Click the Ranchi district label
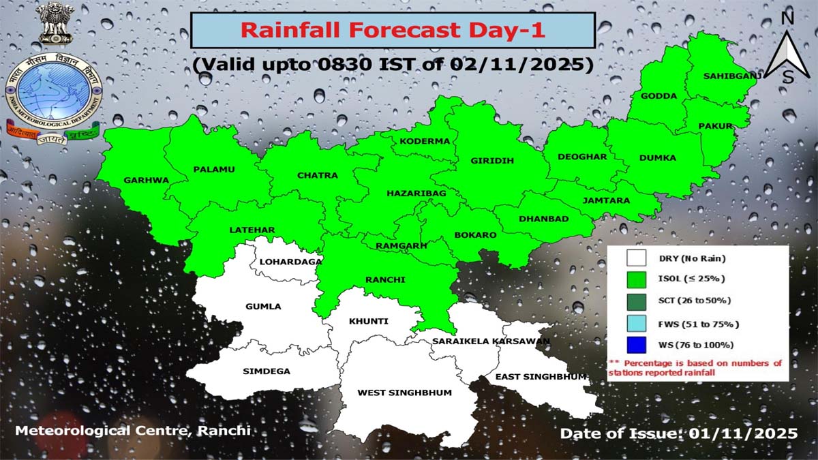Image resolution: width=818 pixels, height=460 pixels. click(x=385, y=280)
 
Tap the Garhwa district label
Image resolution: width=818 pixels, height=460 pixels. click(x=146, y=181)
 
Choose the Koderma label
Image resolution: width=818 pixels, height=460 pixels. click(x=425, y=141)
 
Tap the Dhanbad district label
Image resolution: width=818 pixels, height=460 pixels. click(x=543, y=219)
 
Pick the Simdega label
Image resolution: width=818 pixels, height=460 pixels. click(x=267, y=371)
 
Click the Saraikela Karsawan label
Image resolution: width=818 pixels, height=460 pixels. click(x=491, y=341)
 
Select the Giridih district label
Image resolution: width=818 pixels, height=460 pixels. click(x=492, y=161)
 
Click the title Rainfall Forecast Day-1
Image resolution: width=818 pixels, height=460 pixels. click(x=393, y=31)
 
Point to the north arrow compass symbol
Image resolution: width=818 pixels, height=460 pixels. click(x=787, y=48)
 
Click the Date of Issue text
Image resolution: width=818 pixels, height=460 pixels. click(x=678, y=433)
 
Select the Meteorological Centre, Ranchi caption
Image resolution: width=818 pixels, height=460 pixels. click(x=132, y=431)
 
